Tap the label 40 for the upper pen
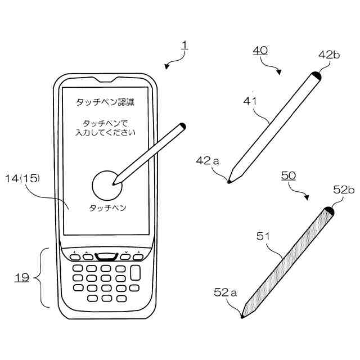tap(259, 51)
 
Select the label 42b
tap(329, 55)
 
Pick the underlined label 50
tap(288, 175)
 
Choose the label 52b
tap(344, 190)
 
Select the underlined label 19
tap(21, 277)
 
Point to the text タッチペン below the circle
tap(107, 208)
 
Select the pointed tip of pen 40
tap(229, 181)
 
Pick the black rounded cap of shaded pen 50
tap(329, 211)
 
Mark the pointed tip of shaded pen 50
tap(242, 317)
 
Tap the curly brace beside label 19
tap(40, 277)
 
